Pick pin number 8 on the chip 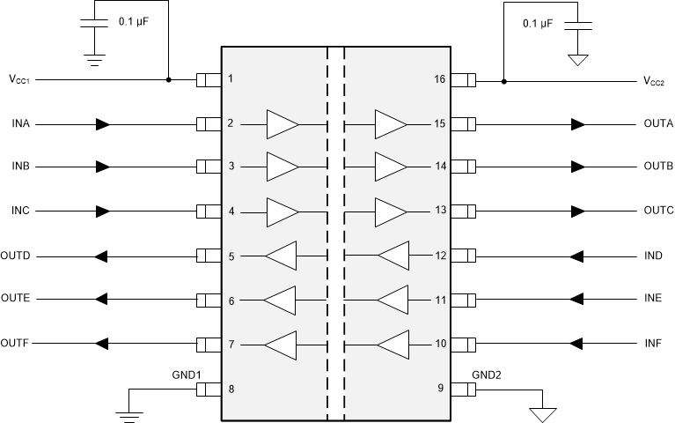pyautogui.click(x=231, y=388)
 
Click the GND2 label pyautogui.click(x=485, y=374)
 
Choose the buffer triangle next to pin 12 pyautogui.click(x=393, y=256)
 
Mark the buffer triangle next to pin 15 pyautogui.click(x=391, y=124)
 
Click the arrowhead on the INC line pyautogui.click(x=103, y=211)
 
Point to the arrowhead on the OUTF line pyautogui.click(x=102, y=343)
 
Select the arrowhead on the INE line pyautogui.click(x=577, y=300)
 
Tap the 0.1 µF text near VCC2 pyautogui.click(x=538, y=24)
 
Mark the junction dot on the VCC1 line pyautogui.click(x=168, y=80)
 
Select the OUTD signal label pyautogui.click(x=16, y=256)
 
